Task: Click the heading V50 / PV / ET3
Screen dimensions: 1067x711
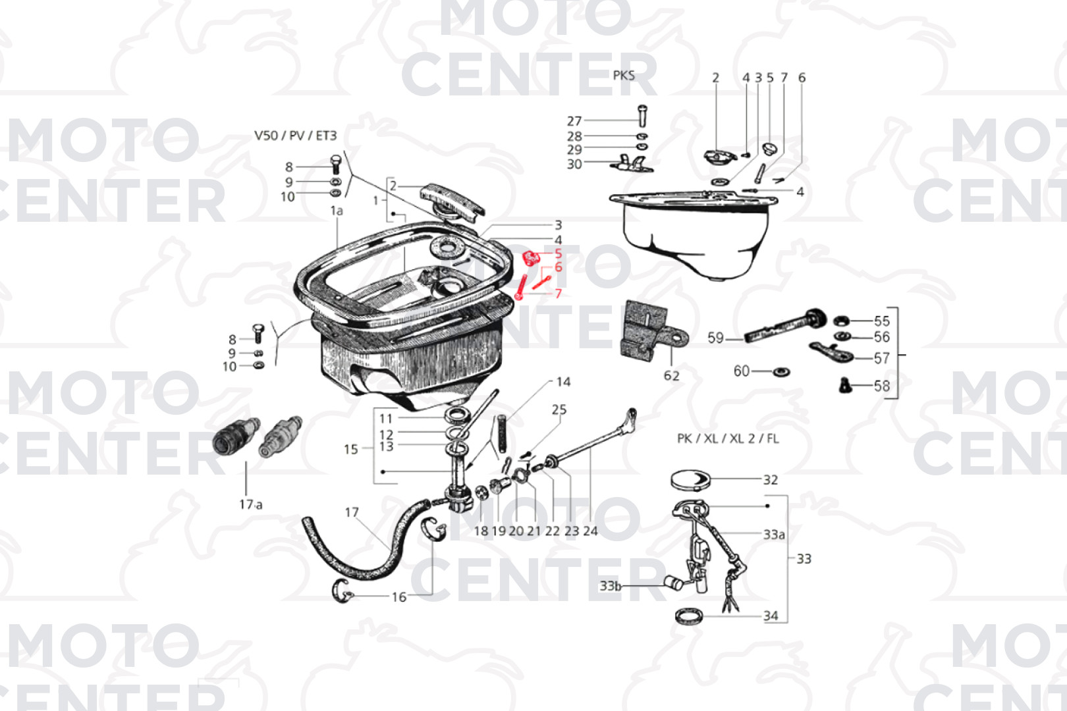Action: coord(295,136)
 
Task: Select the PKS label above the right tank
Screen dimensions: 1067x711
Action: coord(624,76)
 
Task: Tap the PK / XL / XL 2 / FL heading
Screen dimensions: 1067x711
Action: coord(728,438)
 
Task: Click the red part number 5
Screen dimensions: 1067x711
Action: coord(559,253)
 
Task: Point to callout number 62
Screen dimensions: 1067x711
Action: coord(672,376)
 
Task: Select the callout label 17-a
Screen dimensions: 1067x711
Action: coord(250,504)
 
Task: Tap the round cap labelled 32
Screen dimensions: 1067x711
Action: coord(690,479)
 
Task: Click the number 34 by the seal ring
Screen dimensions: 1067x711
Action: coord(771,616)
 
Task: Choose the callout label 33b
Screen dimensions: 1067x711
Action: coord(610,586)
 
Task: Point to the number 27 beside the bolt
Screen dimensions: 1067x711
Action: coord(574,121)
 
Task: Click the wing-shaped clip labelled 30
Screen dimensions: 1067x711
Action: coord(632,163)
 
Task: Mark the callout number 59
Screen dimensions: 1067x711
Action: coord(715,338)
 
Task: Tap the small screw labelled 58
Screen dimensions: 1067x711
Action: coord(845,385)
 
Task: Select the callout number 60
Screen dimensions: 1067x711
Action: coord(741,371)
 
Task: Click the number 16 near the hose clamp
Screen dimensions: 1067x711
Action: coord(398,596)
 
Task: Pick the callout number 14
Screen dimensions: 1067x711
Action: coord(563,382)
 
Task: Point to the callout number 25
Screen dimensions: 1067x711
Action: coord(559,409)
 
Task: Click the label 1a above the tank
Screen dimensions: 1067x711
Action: coord(337,211)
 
